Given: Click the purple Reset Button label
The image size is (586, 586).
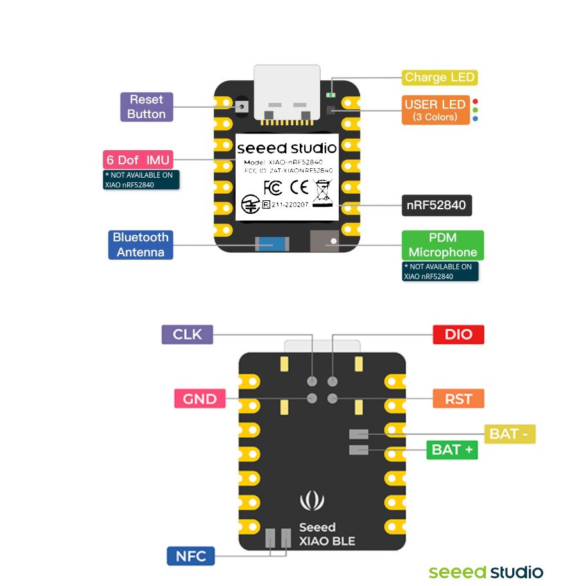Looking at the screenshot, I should pos(146,107).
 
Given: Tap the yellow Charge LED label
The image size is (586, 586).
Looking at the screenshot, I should pos(440,78).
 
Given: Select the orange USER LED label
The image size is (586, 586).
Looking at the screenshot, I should pos(435,110).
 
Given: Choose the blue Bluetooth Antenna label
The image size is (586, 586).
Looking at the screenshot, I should pos(141,245).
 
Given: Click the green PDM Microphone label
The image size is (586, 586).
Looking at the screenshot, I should pos(442,245).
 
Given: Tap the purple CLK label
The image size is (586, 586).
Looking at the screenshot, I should pos(187,334).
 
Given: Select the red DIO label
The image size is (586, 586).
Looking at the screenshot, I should pos(458,334).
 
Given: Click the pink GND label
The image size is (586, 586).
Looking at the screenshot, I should pos(200,399).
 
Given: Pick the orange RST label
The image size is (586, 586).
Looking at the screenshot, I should pos(458,399).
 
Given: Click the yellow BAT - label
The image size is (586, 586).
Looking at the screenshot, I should pos(508,434).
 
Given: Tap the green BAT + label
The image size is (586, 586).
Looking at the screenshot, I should pos(452,449).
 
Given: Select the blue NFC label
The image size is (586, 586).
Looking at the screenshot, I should pos(191,555).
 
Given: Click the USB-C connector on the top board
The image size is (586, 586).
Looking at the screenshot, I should pos(287,93).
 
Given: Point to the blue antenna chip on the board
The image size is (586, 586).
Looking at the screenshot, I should pos(271,244).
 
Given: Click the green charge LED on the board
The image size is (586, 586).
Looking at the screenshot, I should pos(331,94).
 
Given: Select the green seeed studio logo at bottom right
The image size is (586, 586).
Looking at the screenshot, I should pos(486,572).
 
